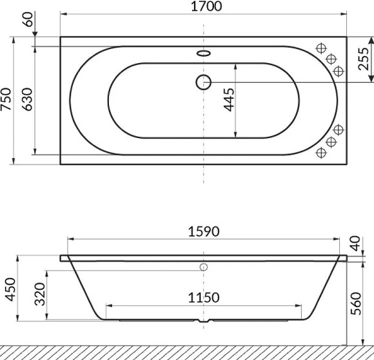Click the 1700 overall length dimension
204,7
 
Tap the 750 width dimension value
7,100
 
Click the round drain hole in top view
204,82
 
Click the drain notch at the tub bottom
204,321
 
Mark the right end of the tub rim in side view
346,258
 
